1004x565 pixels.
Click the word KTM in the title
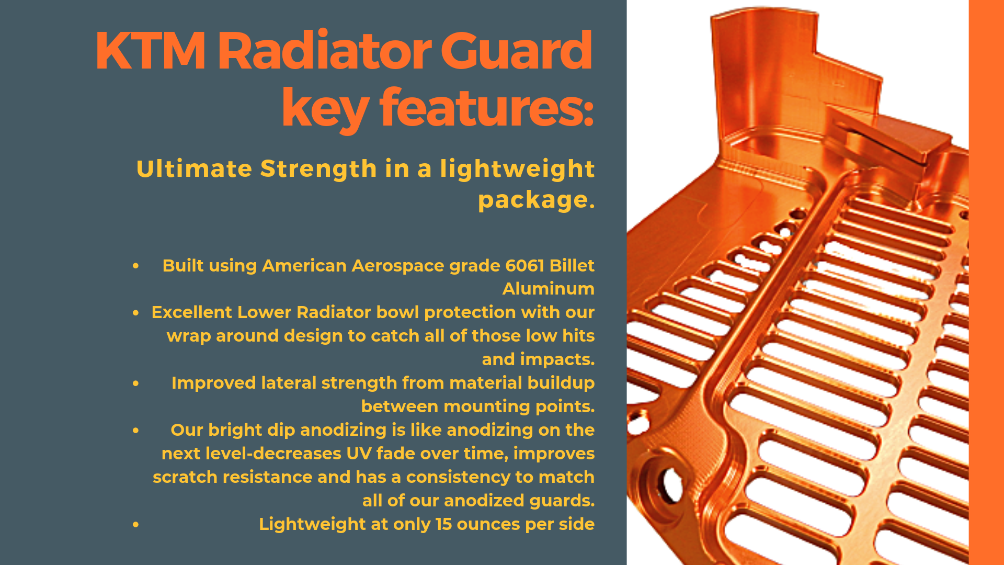[151, 51]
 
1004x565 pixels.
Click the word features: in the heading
[487, 108]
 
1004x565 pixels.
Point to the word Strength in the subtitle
[318, 169]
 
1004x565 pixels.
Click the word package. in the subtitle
[537, 200]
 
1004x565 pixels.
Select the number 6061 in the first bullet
[525, 266]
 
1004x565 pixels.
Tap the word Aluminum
[549, 289]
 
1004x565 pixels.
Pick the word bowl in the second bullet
[398, 312]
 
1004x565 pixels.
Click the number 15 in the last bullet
[443, 524]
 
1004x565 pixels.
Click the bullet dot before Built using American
[136, 266]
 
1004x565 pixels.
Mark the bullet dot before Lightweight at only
[136, 524]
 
